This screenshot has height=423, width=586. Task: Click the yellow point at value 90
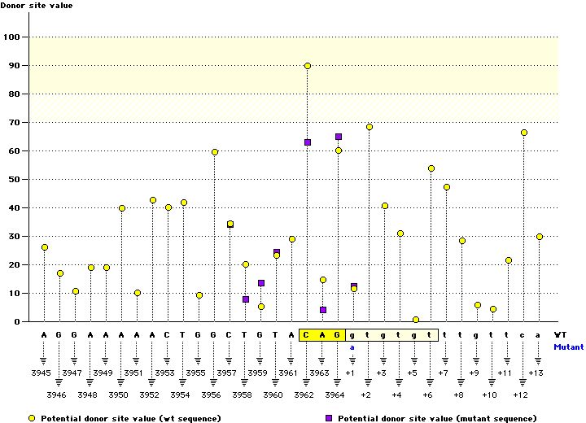308,66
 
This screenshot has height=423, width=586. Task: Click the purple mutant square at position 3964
339,137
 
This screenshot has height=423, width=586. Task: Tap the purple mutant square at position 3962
308,142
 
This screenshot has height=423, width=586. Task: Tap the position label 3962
304,395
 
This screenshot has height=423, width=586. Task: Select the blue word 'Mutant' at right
568,347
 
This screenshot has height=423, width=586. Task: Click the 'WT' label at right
560,334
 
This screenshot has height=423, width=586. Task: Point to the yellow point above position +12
524,133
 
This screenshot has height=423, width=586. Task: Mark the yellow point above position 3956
215,152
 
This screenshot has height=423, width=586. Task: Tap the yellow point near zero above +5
416,320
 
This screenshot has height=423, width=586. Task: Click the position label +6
428,395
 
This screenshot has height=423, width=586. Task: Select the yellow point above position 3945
45,247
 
